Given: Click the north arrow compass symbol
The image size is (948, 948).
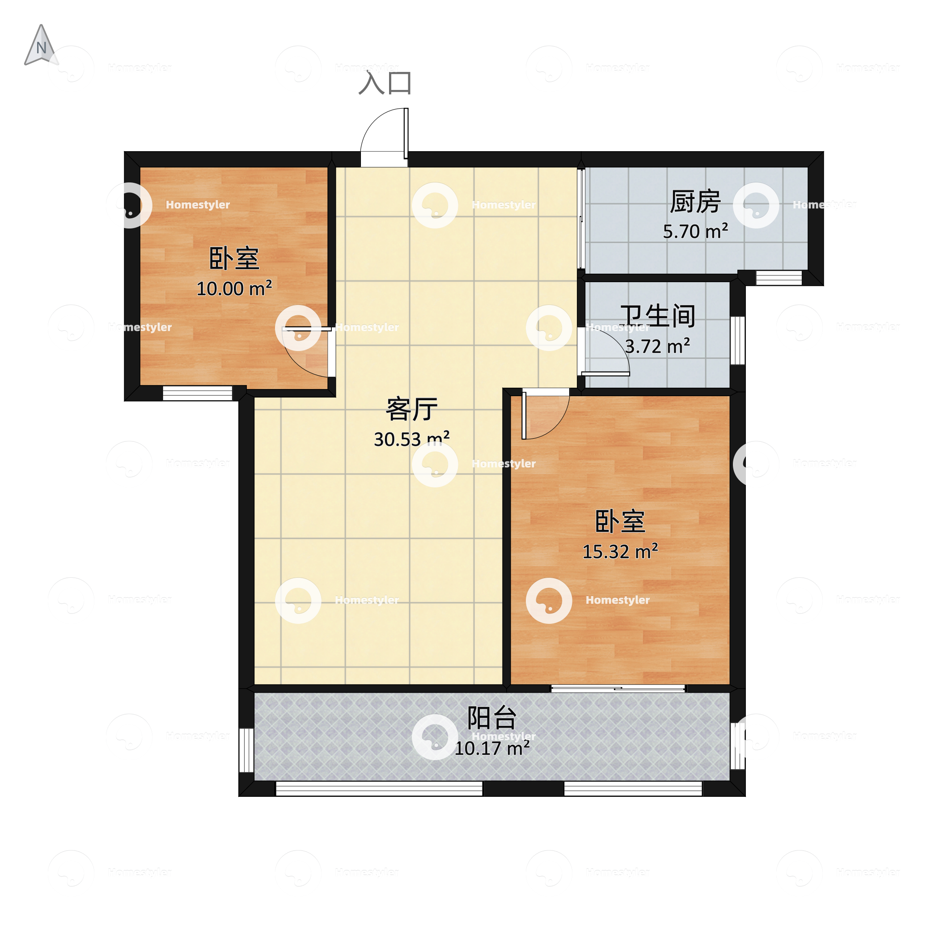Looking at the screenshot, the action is click(x=41, y=46).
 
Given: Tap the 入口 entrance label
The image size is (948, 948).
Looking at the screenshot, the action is click(x=385, y=82).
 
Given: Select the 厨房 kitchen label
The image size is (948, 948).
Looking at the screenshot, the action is click(x=695, y=201).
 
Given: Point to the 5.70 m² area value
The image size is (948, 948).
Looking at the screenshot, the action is click(x=695, y=231).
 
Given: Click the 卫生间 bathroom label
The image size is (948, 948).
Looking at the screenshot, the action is click(x=657, y=316).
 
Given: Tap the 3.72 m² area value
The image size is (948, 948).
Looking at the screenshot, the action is click(x=657, y=347).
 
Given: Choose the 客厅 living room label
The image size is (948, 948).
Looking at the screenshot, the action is click(x=411, y=409).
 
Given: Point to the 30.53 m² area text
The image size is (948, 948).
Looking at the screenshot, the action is click(x=412, y=439).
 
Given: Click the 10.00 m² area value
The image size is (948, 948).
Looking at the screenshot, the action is click(x=234, y=288).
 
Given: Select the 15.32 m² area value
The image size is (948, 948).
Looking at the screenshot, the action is click(x=620, y=551).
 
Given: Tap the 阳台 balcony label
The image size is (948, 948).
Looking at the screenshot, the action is click(x=492, y=718).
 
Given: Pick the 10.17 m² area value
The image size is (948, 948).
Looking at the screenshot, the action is click(x=492, y=748).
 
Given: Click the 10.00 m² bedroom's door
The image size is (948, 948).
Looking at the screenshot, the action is click(x=307, y=352).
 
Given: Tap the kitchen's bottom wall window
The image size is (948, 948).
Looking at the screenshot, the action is click(x=779, y=278).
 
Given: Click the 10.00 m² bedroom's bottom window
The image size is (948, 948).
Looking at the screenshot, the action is click(x=197, y=393).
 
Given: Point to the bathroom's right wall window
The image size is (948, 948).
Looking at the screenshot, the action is click(x=737, y=341).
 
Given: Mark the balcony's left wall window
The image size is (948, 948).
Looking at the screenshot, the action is click(x=246, y=750).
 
